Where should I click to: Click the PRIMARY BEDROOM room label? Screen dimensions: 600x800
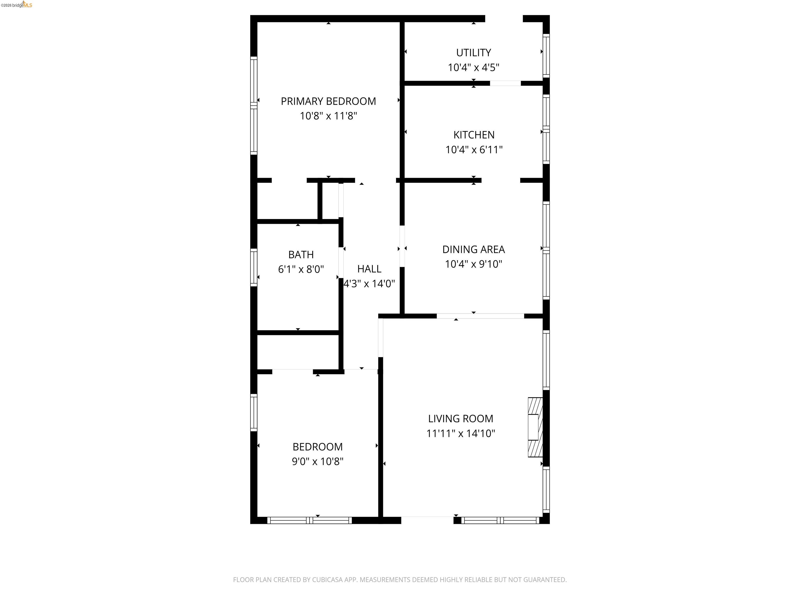(328, 101)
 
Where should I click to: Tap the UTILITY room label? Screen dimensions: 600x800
(473, 53)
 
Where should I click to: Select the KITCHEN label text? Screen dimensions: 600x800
(474, 135)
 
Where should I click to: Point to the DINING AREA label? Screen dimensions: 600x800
(473, 249)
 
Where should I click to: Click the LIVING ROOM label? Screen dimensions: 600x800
(460, 418)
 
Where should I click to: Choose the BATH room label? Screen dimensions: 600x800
(301, 255)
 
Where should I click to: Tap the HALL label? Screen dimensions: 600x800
(369, 269)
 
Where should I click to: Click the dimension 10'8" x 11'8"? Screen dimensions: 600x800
(328, 116)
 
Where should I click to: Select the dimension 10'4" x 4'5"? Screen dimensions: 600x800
(473, 68)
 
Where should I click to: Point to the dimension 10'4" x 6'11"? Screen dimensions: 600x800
(474, 150)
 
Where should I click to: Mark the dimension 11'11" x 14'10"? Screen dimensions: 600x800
(460, 433)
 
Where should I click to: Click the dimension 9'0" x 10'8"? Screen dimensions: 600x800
(317, 461)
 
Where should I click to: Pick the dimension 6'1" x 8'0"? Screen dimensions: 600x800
(301, 270)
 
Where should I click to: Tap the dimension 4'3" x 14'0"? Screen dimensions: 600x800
(369, 284)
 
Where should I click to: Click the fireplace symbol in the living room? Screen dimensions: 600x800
(535, 427)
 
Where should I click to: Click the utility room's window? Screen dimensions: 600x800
(546, 56)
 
